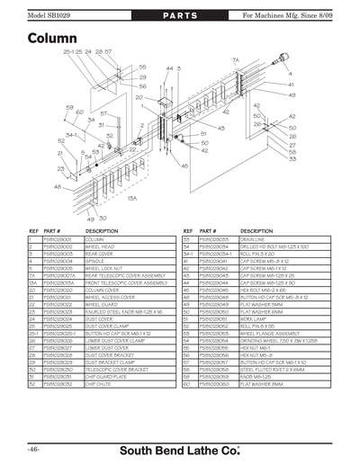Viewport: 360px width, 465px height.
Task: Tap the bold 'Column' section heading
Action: [51, 40]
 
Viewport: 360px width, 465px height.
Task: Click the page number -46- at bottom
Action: [33, 449]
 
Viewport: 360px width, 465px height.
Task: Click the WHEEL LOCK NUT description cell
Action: [103, 267]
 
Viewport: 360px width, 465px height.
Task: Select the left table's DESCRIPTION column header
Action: [102, 231]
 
